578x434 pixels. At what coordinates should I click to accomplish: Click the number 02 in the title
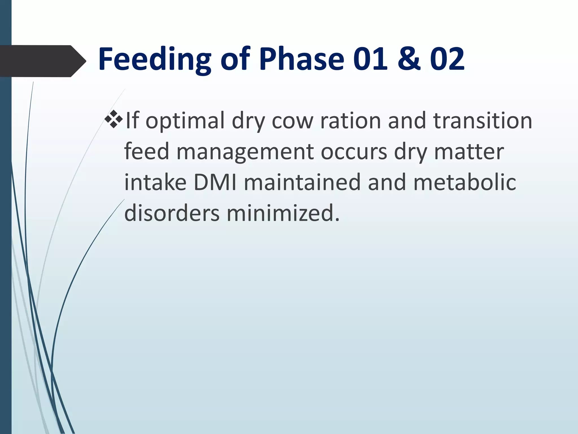(x=447, y=59)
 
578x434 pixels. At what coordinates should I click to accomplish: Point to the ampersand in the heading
(x=409, y=59)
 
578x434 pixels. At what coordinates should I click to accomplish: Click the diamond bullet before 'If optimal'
(x=113, y=119)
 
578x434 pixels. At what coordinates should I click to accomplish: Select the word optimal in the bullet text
(x=185, y=121)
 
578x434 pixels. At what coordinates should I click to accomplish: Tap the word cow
(x=292, y=121)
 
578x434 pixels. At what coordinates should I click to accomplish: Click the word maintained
(x=302, y=183)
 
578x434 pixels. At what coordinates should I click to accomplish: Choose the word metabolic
(x=465, y=183)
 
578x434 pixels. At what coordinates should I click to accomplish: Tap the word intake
(x=155, y=183)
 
